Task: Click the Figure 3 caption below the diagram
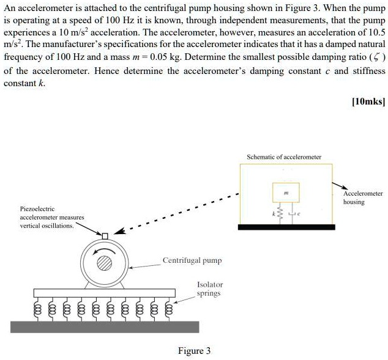(194, 350)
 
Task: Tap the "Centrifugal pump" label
(192, 260)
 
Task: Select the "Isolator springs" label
(210, 288)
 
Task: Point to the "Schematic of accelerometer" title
(283, 157)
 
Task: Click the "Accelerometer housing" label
(362, 197)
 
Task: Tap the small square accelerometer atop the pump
(105, 236)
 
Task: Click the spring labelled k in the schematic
(280, 214)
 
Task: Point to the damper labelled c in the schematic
(292, 214)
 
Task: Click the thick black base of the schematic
(286, 227)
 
